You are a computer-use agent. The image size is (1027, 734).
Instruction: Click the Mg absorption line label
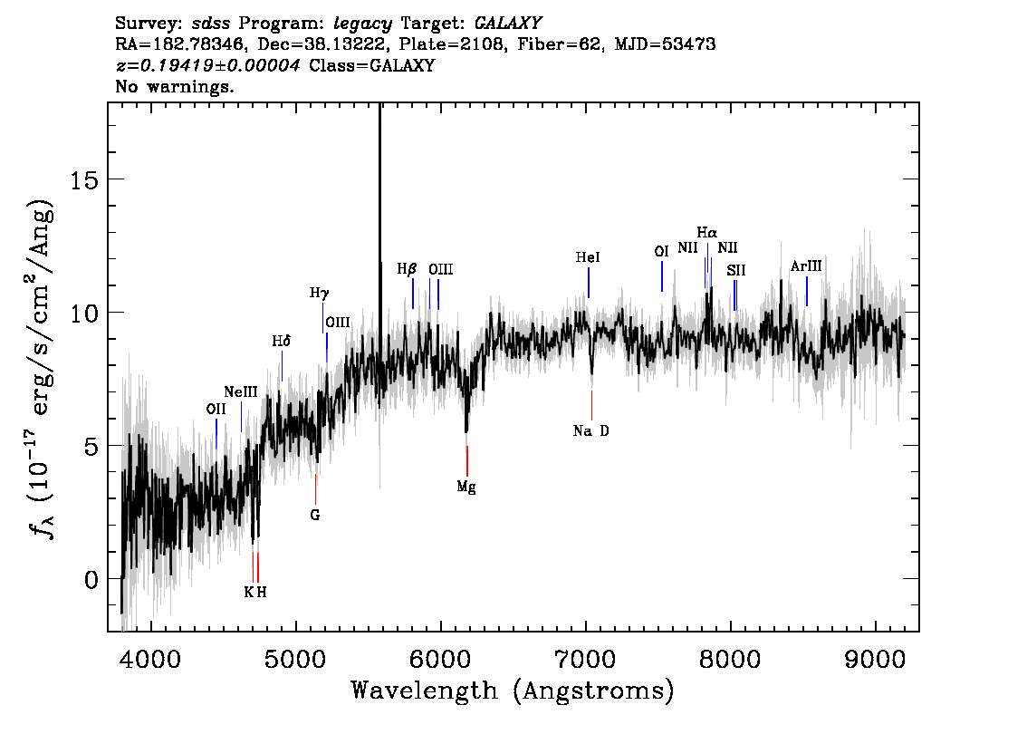coord(466,487)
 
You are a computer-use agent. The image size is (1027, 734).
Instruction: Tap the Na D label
coord(590,430)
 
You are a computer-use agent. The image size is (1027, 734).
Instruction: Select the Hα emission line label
coord(706,232)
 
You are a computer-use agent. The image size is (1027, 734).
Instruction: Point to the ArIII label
coord(806,266)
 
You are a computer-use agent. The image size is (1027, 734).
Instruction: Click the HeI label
coord(588,257)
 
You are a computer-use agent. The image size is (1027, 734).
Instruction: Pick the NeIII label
coord(240,391)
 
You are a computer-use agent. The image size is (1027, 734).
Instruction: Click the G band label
coord(315,515)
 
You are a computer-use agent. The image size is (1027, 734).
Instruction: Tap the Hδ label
coord(281,342)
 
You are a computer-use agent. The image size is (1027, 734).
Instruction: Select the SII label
coord(736,270)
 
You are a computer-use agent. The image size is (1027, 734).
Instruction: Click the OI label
coord(661,252)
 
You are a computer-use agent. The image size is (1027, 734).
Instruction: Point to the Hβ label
coord(407,269)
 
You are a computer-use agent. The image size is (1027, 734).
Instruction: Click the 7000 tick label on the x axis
coord(584,660)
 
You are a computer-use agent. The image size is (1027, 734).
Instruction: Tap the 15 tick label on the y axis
coord(84,179)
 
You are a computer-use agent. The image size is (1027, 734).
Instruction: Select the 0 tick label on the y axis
coord(91,579)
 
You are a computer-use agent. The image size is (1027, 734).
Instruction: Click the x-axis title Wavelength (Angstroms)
coord(513,691)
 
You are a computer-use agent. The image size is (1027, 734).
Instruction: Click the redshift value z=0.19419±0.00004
coord(208,65)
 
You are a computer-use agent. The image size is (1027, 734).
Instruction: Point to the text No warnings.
coord(174,86)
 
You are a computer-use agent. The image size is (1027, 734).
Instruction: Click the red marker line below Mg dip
coord(467,460)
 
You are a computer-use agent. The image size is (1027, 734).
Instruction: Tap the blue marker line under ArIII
coord(806,291)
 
